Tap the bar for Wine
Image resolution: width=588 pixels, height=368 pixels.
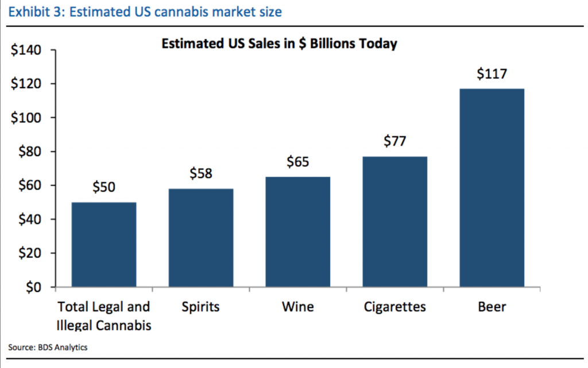[298, 232]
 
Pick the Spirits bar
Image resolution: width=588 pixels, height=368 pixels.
[201, 238]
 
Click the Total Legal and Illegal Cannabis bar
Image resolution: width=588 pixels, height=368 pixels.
[105, 245]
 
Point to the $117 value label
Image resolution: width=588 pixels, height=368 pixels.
[492, 75]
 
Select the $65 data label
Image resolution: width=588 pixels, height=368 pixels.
[298, 162]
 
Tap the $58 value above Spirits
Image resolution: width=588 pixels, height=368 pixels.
[201, 174]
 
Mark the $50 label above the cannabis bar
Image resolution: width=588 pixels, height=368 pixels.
[105, 188]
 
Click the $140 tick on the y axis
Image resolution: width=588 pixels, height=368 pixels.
[26, 51]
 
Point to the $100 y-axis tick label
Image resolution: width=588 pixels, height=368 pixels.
[26, 118]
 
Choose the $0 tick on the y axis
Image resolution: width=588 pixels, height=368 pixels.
[34, 287]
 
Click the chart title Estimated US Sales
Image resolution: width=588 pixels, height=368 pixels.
[279, 44]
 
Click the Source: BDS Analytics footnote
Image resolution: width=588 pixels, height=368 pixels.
[48, 347]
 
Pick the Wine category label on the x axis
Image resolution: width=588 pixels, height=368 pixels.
[298, 307]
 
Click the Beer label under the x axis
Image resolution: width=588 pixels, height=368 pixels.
[492, 307]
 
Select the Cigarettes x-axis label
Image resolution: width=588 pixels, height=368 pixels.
[395, 307]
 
